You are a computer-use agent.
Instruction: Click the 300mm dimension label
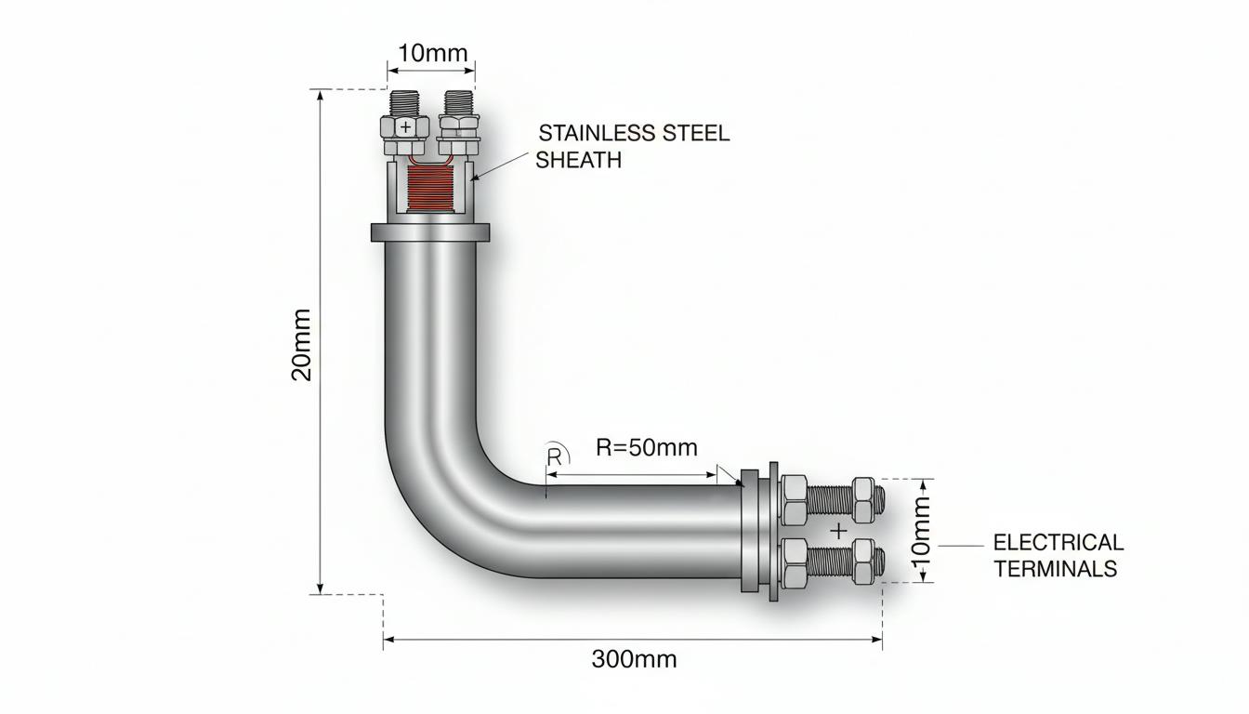tap(634, 659)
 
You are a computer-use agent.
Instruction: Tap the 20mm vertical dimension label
tap(302, 345)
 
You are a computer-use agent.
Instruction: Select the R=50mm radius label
tap(647, 447)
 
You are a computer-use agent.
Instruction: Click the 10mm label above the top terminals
tap(433, 54)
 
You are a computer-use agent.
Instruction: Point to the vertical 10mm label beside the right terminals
tap(921, 531)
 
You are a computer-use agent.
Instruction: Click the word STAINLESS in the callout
tap(597, 133)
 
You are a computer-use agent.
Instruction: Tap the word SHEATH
tap(579, 160)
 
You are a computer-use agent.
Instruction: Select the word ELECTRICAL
tap(1058, 542)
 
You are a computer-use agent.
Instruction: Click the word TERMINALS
tap(1056, 569)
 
